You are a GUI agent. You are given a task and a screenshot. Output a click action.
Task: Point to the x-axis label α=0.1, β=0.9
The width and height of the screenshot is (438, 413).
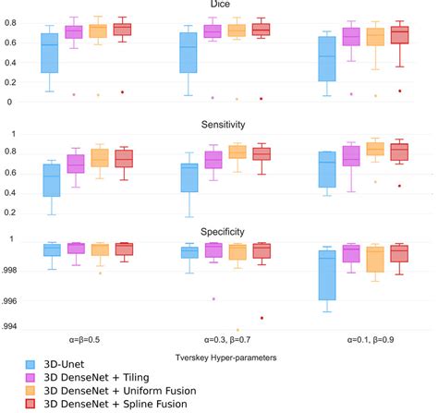tap(354, 340)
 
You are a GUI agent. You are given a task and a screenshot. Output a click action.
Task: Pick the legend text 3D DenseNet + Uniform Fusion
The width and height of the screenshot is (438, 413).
tap(119, 391)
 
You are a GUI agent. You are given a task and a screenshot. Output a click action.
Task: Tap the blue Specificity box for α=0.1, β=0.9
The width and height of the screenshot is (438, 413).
tap(326, 275)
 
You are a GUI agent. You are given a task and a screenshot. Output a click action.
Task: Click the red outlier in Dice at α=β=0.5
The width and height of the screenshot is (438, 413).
tap(122, 92)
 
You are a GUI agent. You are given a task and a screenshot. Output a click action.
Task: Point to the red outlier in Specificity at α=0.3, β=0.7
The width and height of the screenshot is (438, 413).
tap(262, 318)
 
